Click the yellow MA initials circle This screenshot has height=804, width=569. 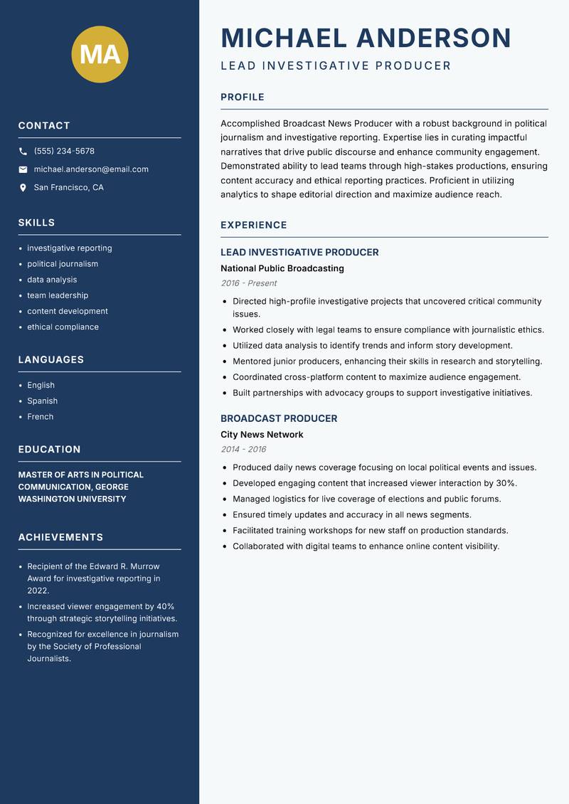click(x=100, y=54)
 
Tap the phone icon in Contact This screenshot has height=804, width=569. click(x=23, y=152)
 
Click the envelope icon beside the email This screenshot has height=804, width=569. click(x=23, y=169)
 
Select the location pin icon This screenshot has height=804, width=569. click(x=23, y=188)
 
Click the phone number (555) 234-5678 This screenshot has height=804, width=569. click(x=64, y=152)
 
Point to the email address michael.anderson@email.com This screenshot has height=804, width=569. click(x=91, y=169)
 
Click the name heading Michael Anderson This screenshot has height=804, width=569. click(x=366, y=38)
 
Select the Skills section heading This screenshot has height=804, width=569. click(x=36, y=223)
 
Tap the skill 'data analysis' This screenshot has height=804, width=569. click(x=52, y=280)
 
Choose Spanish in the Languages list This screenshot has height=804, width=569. click(x=43, y=401)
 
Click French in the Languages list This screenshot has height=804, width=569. click(x=41, y=417)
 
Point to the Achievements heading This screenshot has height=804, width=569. click(x=60, y=537)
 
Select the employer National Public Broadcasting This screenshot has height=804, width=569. click(x=282, y=269)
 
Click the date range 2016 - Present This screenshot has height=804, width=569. click(x=248, y=283)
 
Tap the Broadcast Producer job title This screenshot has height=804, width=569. click(x=279, y=418)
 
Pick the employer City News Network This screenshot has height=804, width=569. click(x=262, y=435)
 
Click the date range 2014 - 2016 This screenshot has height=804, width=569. click(x=243, y=450)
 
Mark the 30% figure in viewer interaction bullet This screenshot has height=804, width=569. click(x=506, y=483)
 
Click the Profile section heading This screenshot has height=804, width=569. click(x=243, y=97)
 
